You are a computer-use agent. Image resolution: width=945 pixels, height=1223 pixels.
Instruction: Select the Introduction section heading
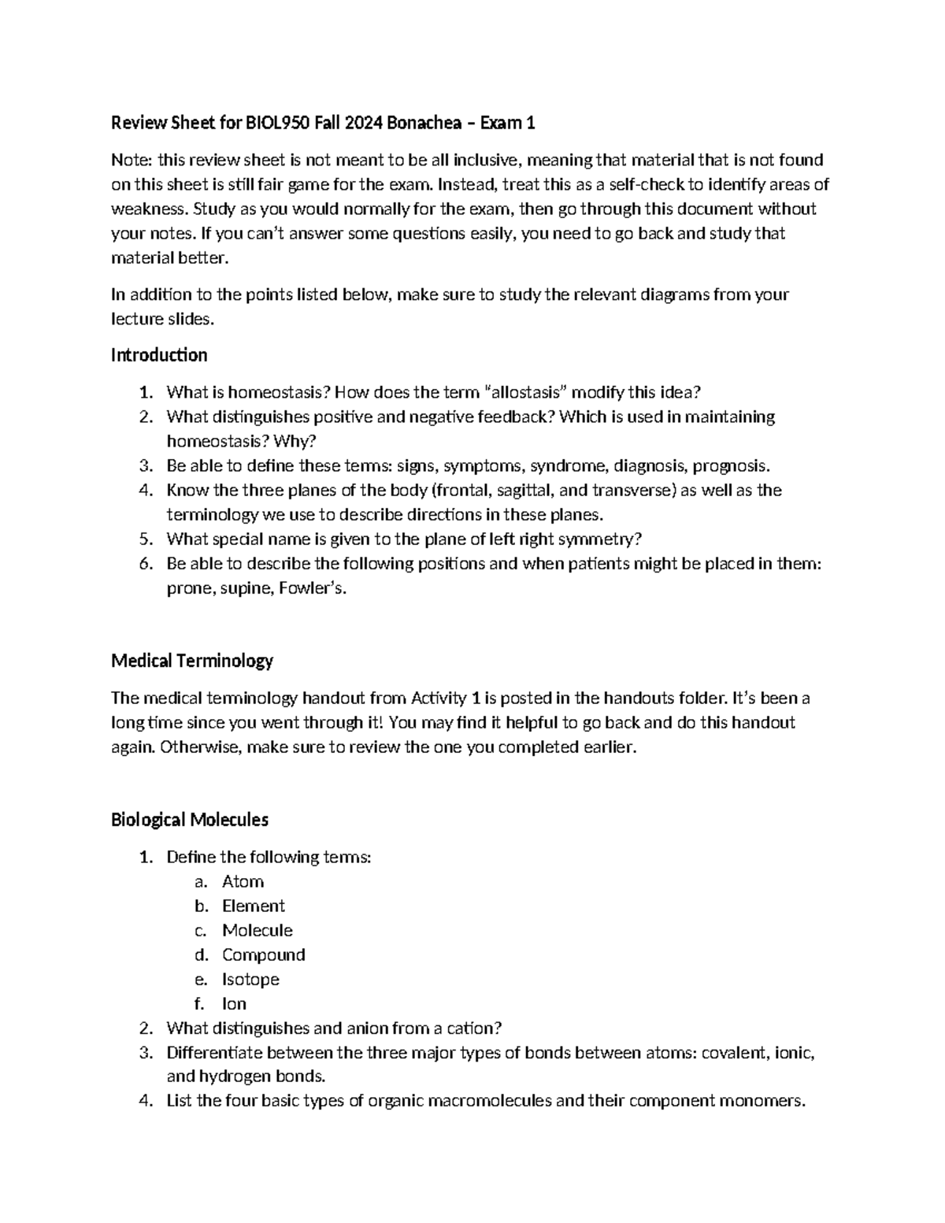pyautogui.click(x=159, y=355)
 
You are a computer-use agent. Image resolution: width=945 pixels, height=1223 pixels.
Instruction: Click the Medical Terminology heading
pyautogui.click(x=192, y=661)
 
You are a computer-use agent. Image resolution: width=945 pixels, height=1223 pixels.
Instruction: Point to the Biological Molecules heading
pyautogui.click(x=190, y=820)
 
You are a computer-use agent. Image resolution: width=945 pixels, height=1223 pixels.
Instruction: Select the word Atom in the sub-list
pyautogui.click(x=243, y=881)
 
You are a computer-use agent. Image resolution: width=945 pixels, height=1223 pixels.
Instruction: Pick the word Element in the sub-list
pyautogui.click(x=253, y=906)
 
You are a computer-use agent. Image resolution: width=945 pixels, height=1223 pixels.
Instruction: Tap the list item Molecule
pyautogui.click(x=257, y=930)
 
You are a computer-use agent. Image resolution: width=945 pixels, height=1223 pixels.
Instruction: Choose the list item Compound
pyautogui.click(x=263, y=954)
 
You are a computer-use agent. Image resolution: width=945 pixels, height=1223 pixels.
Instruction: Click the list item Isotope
pyautogui.click(x=250, y=979)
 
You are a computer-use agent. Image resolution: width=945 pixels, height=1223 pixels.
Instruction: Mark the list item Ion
pyautogui.click(x=234, y=1003)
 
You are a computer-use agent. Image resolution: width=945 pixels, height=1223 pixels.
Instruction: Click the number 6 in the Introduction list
pyautogui.click(x=144, y=564)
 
